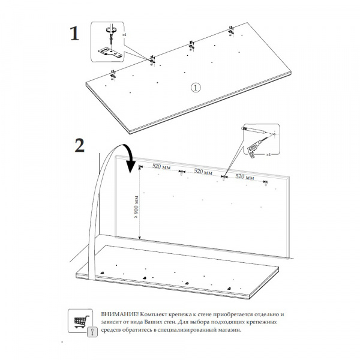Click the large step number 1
(x=74, y=33)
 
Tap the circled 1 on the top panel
(x=196, y=88)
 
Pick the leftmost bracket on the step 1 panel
(x=113, y=74)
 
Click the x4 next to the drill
(x=269, y=154)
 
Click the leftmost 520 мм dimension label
(x=160, y=166)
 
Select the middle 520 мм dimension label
(x=203, y=172)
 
